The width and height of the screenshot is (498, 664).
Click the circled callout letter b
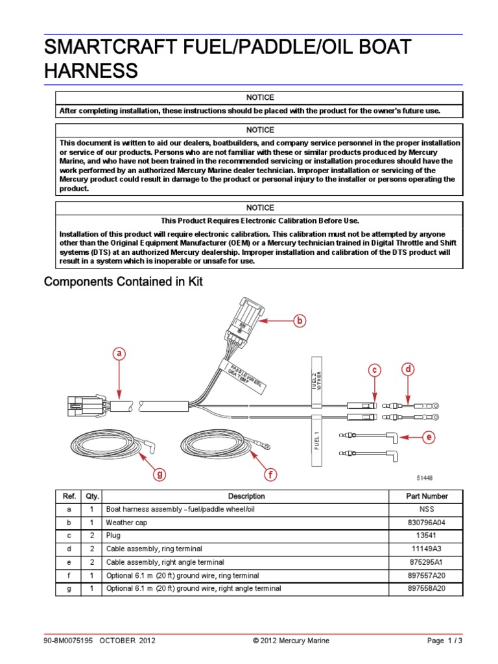click(x=299, y=320)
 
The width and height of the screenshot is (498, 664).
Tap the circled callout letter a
click(x=118, y=353)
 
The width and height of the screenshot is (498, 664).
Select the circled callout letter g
click(x=158, y=475)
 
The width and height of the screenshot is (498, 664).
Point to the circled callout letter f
click(x=270, y=475)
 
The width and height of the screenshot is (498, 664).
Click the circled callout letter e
click(x=428, y=438)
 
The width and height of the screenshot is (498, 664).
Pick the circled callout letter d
click(x=408, y=370)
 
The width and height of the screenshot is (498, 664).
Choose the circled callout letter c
click(x=374, y=370)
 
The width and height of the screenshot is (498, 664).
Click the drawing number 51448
click(x=425, y=478)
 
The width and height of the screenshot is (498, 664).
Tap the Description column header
click(x=246, y=496)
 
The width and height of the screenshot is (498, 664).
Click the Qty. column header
click(x=91, y=496)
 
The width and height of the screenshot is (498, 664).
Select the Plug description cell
click(x=113, y=536)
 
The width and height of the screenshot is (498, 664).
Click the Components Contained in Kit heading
click(x=123, y=282)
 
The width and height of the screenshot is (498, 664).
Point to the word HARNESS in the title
click(x=91, y=71)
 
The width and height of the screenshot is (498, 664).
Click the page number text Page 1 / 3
click(x=445, y=641)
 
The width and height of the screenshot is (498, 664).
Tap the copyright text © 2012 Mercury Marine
click(x=291, y=641)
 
